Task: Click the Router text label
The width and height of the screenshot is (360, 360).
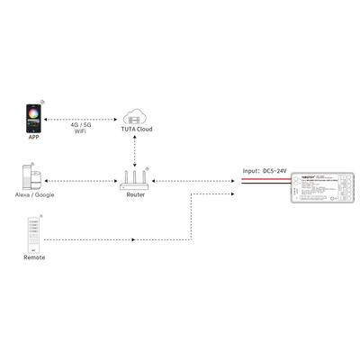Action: tap(136, 194)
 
